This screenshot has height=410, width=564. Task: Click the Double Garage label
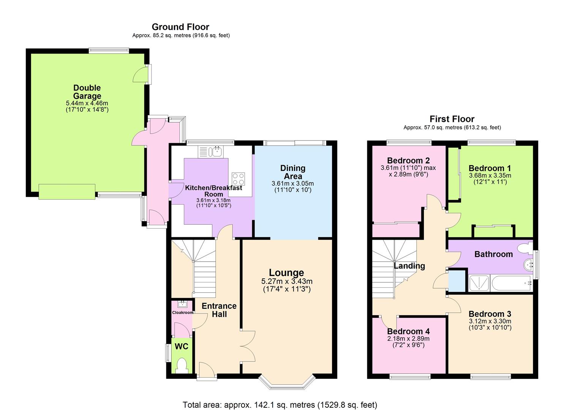(x=87, y=92)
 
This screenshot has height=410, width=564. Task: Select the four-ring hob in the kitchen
(x=239, y=178)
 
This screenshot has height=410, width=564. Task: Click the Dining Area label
(x=292, y=172)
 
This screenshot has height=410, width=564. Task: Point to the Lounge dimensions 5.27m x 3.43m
(x=286, y=282)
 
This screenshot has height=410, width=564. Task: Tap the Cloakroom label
(x=183, y=312)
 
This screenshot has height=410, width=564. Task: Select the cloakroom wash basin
(x=183, y=304)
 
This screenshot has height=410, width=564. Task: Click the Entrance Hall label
(x=219, y=310)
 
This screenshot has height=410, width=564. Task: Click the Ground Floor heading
(x=180, y=27)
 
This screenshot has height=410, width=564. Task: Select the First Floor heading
(x=452, y=119)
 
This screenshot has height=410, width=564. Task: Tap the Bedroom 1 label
(x=490, y=168)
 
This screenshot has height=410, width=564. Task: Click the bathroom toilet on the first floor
(x=526, y=248)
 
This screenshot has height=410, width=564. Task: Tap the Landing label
(x=409, y=266)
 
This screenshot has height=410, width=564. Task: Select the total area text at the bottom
(x=280, y=405)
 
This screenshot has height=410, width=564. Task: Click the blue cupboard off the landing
(x=457, y=281)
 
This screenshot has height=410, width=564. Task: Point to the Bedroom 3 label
(x=490, y=314)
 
